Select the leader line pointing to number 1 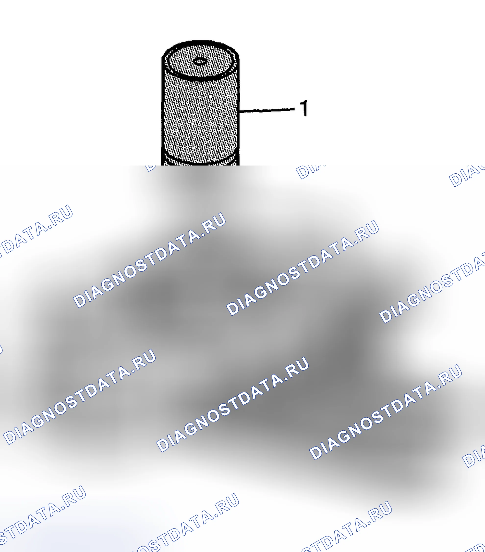click(267, 110)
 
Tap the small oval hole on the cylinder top click(200, 62)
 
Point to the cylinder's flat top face click(200, 61)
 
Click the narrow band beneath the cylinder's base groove click(200, 163)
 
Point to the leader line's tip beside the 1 click(295, 109)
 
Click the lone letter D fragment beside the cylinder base click(150, 168)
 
